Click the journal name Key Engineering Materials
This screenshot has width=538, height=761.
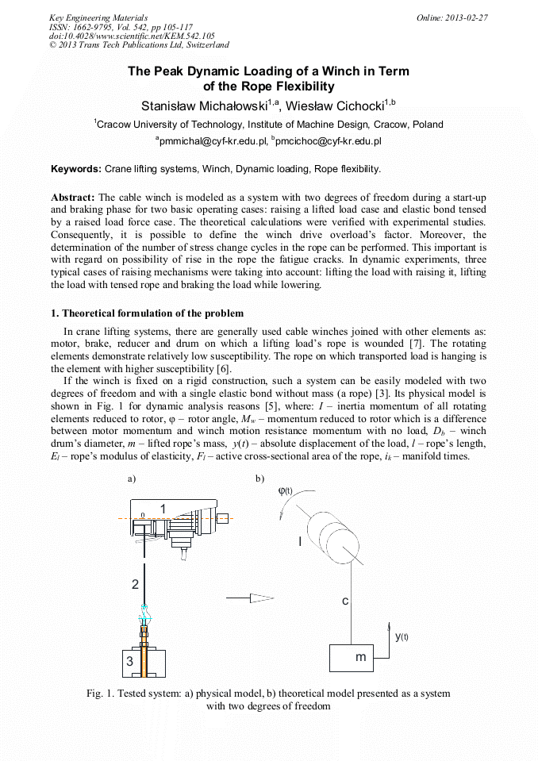(98, 17)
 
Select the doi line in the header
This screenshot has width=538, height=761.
(132, 37)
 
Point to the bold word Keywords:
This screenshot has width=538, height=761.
(76, 169)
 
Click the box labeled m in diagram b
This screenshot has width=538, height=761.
(361, 658)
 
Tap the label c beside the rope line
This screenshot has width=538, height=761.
(345, 601)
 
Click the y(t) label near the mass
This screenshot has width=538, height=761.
(402, 636)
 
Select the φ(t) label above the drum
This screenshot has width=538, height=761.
(286, 490)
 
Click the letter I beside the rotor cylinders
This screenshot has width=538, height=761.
(300, 542)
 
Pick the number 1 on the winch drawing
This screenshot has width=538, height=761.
(163, 509)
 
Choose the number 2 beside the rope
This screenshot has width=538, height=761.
(136, 585)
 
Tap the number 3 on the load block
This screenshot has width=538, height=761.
(129, 660)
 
